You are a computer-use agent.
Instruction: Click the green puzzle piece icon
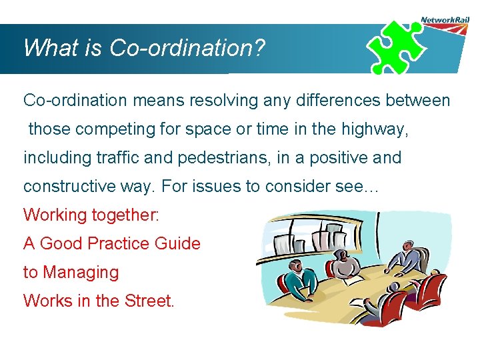[x=397, y=47]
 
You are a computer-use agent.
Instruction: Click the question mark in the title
[x=259, y=48]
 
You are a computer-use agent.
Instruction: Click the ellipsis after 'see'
[x=369, y=187]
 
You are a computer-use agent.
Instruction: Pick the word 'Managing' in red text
[x=81, y=273]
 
